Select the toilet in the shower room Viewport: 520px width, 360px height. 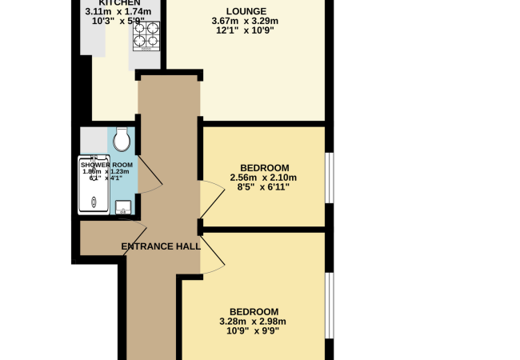(122, 141)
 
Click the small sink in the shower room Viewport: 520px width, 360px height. (123, 208)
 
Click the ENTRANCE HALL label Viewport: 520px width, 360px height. (160, 246)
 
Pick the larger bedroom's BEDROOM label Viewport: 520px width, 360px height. (254, 311)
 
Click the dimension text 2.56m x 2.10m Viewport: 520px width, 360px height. (263, 177)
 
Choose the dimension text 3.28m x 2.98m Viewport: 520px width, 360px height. (253, 322)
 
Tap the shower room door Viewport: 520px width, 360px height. (151, 176)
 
